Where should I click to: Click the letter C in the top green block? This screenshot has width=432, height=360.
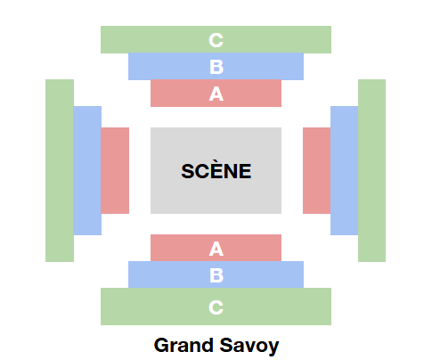point(216,40)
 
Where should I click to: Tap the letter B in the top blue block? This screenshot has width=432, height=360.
point(216,67)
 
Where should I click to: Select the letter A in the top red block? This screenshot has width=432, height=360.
point(216,94)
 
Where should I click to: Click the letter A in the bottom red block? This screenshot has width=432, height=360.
point(216,249)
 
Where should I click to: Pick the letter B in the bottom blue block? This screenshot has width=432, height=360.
point(216,275)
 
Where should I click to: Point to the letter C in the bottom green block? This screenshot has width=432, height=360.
point(216,307)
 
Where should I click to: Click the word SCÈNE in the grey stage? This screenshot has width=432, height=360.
point(216,171)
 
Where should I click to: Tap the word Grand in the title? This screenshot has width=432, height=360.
point(183,345)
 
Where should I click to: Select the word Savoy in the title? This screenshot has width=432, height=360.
point(249,346)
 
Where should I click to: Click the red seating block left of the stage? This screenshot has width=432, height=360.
point(115,170)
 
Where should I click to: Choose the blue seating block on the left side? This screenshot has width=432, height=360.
point(87,170)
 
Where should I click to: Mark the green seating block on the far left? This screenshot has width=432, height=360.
point(60,170)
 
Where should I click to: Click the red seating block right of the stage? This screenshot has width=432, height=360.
point(317,170)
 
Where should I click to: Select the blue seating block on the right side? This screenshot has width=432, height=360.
point(345,170)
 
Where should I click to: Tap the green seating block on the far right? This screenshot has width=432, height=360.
point(371,170)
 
